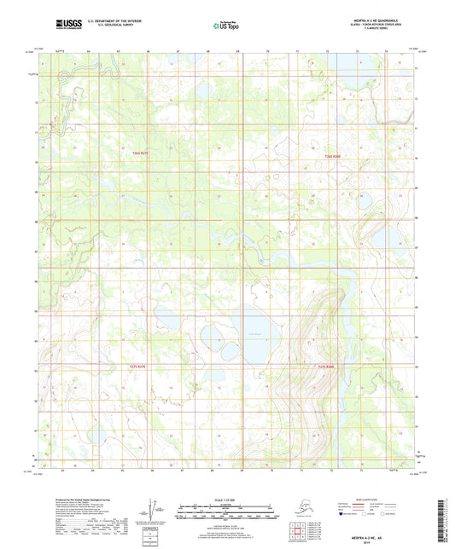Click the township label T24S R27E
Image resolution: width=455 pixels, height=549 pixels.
coord(142,153)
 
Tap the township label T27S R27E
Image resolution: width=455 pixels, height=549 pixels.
coord(138,366)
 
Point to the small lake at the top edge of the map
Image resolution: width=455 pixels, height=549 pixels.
coord(202,87)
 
